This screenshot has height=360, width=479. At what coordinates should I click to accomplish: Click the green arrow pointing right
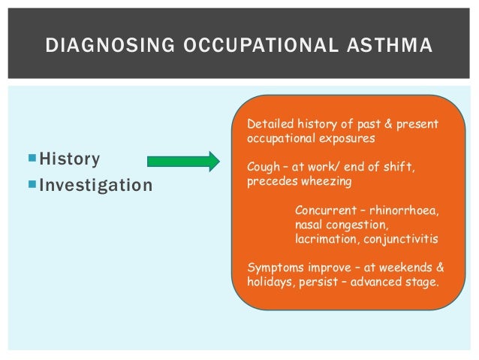182,160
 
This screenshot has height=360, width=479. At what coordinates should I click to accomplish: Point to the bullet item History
70,159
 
